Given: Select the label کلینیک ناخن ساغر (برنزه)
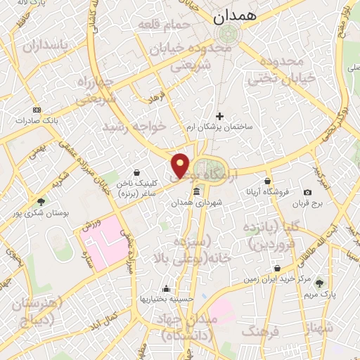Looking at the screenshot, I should point(136,186).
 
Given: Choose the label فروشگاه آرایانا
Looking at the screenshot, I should point(264,191).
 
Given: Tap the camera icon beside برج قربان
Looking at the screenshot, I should point(307,192).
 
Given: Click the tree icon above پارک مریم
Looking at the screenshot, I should point(321,283).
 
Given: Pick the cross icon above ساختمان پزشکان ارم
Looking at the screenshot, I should point(220,115).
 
